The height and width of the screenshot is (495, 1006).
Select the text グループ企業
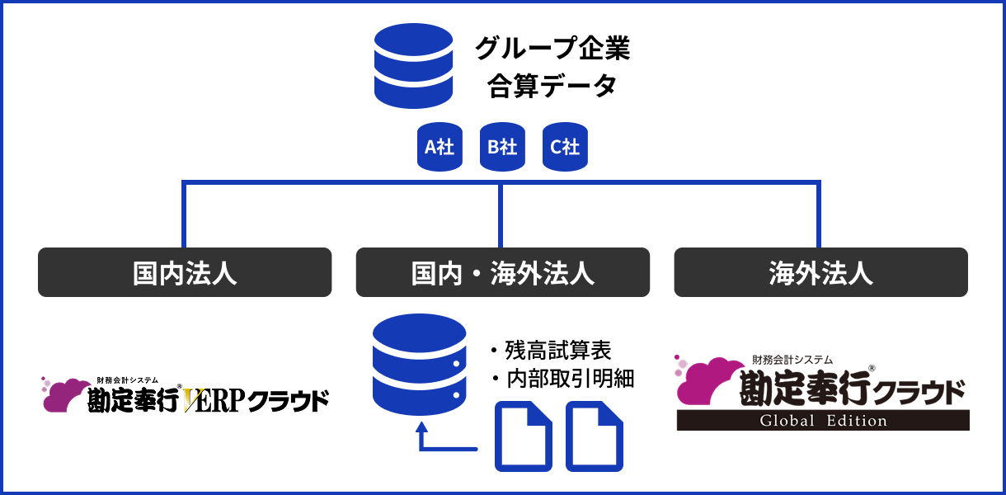click(x=552, y=49)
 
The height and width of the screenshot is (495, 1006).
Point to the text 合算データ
click(x=552, y=85)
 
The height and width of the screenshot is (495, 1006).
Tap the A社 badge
click(x=439, y=147)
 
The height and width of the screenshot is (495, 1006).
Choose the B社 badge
click(x=502, y=147)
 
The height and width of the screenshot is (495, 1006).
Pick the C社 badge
click(x=565, y=147)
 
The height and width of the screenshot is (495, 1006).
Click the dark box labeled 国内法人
click(x=185, y=272)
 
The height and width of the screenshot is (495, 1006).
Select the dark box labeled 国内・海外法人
click(x=502, y=272)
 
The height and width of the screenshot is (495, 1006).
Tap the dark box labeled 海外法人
click(x=820, y=272)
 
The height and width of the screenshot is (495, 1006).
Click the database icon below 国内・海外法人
click(x=419, y=364)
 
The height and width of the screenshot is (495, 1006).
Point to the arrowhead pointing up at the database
click(x=423, y=430)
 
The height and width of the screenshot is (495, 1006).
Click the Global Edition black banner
click(x=823, y=420)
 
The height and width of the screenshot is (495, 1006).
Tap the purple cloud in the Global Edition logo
click(x=707, y=381)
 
